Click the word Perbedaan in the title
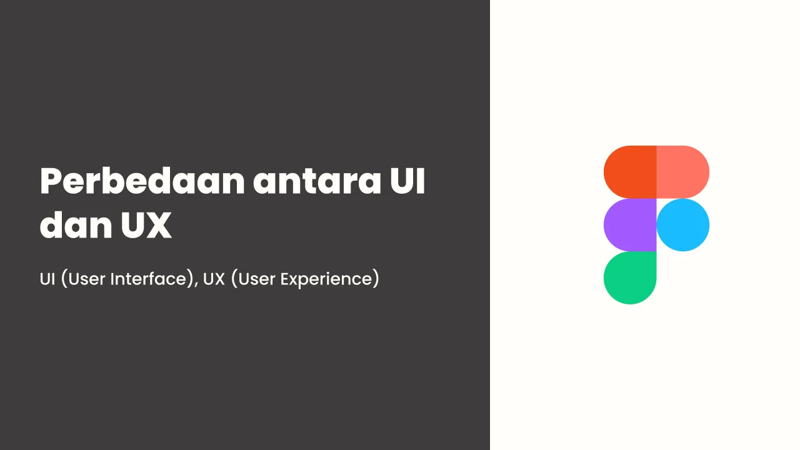pyautogui.click(x=142, y=181)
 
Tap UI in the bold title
pyautogui.click(x=407, y=181)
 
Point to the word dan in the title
pyautogui.click(x=76, y=224)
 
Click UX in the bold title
pyautogui.click(x=146, y=224)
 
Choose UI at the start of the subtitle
pyautogui.click(x=47, y=279)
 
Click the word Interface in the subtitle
pyautogui.click(x=148, y=279)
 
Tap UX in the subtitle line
pyautogui.click(x=214, y=279)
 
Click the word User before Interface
pyautogui.click(x=86, y=279)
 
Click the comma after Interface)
pyautogui.click(x=196, y=284)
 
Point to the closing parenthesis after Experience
pyautogui.click(x=376, y=279)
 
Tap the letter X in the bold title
pyautogui.click(x=158, y=225)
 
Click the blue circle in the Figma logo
pyautogui.click(x=683, y=225)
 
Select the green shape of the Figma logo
pyautogui.click(x=630, y=278)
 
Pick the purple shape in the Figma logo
pyautogui.click(x=630, y=225)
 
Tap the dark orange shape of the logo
pyautogui.click(x=630, y=172)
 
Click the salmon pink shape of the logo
pyautogui.click(x=683, y=172)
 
